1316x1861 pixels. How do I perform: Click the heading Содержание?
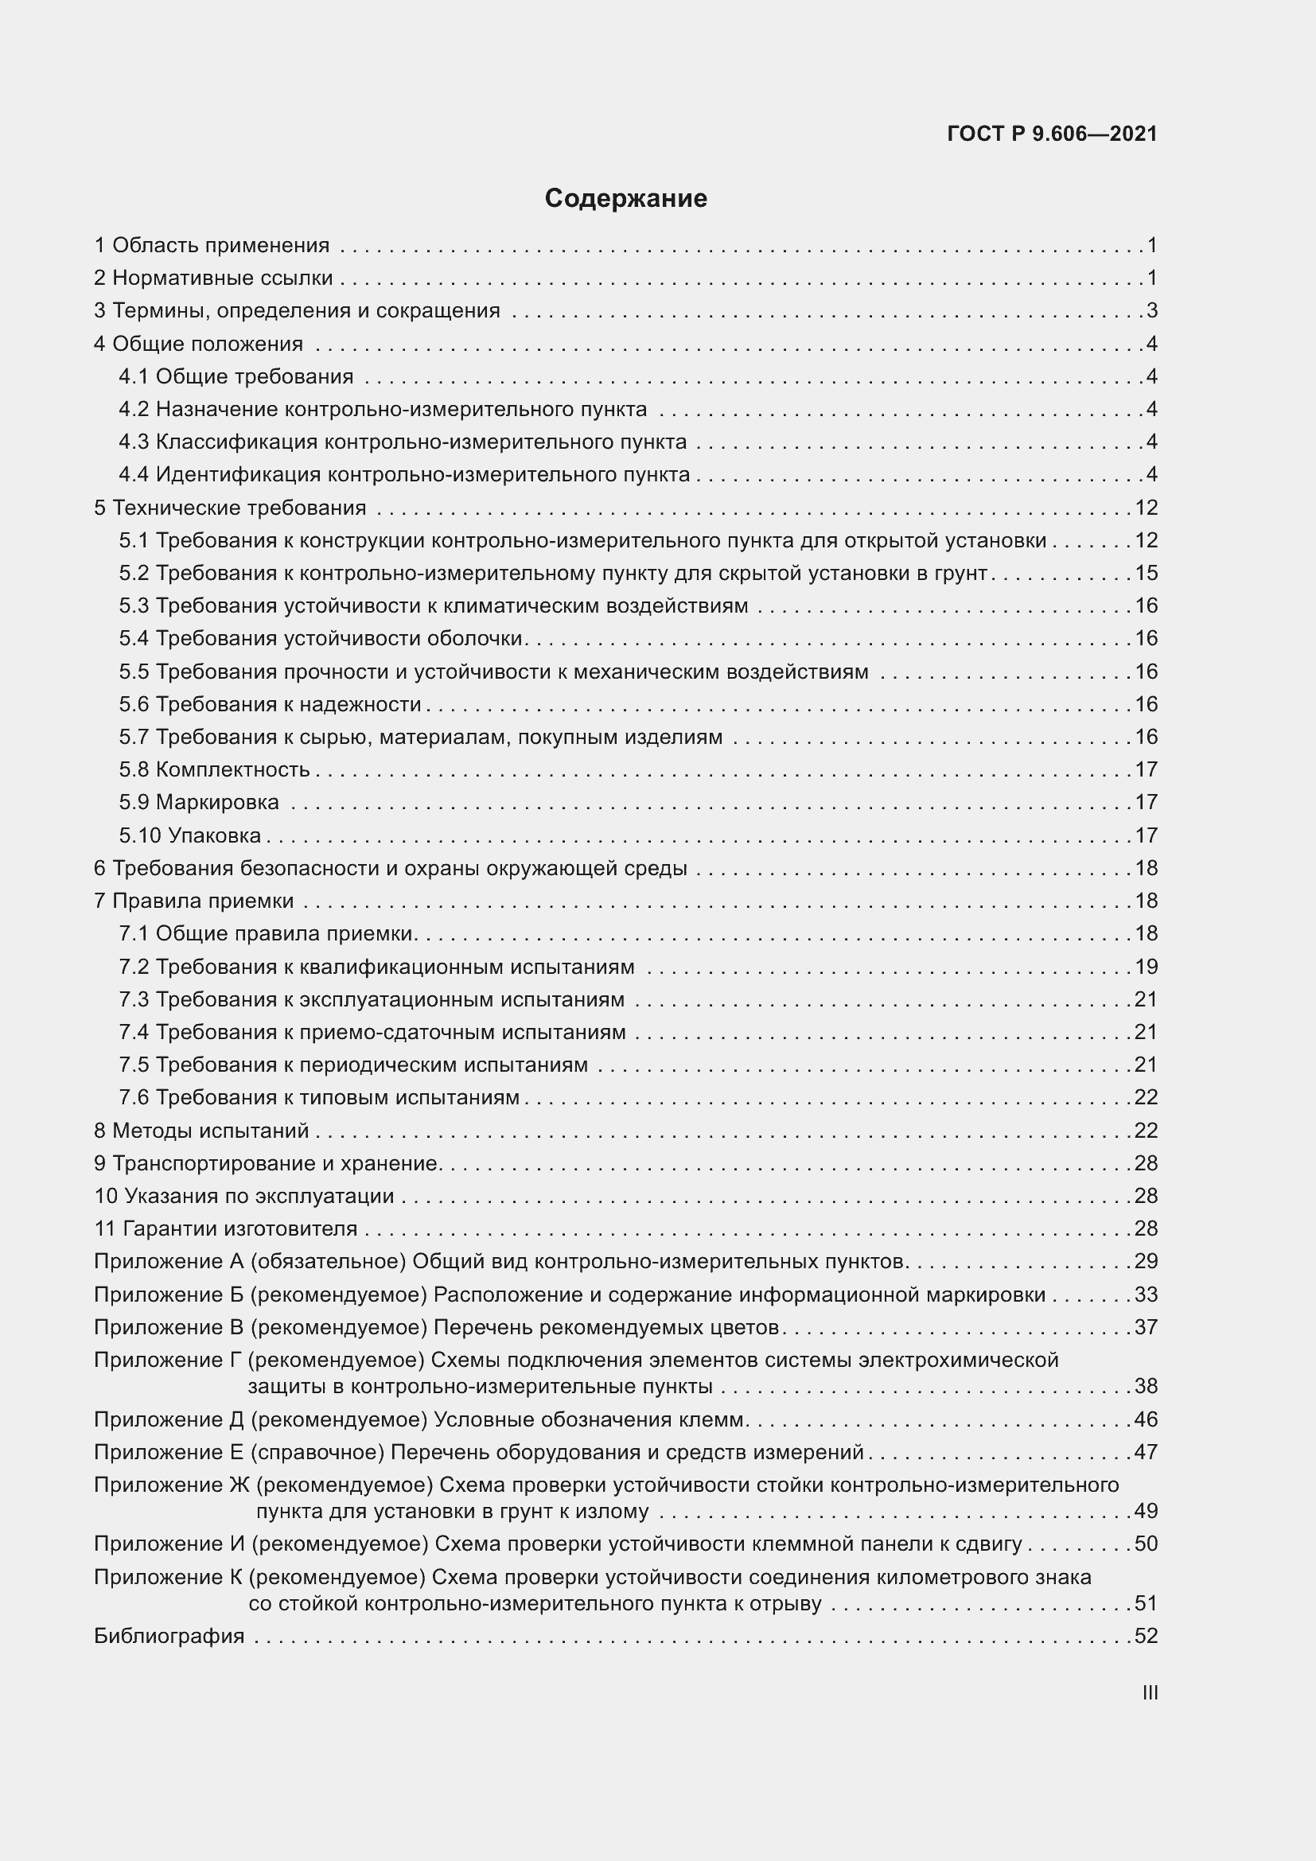[x=625, y=199]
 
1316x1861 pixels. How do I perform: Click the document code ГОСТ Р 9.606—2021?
[x=1051, y=134]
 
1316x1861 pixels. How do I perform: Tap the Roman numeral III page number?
[x=1149, y=1692]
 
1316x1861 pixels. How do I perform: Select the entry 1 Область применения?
[x=212, y=245]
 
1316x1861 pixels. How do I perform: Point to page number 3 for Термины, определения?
[x=1151, y=310]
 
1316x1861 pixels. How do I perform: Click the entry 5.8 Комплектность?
[x=215, y=769]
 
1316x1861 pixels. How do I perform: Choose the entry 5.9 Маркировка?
[x=200, y=802]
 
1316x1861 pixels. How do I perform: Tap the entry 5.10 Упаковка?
[x=190, y=835]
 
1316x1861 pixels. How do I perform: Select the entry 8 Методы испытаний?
[x=202, y=1130]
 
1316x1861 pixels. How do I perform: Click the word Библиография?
[x=169, y=1635]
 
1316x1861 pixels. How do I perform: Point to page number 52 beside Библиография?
[x=1146, y=1635]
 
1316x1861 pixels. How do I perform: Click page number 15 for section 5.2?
[x=1146, y=573]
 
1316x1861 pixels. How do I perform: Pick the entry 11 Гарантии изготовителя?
[x=226, y=1228]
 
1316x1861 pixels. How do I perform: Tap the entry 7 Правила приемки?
[x=193, y=901]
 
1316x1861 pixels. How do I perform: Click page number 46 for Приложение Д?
[x=1146, y=1419]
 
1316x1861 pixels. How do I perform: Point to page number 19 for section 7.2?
[x=1146, y=966]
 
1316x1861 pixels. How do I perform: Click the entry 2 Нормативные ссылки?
[x=214, y=278]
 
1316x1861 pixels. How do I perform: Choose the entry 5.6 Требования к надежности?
[x=271, y=703]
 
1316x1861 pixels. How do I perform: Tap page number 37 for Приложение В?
[x=1146, y=1327]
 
